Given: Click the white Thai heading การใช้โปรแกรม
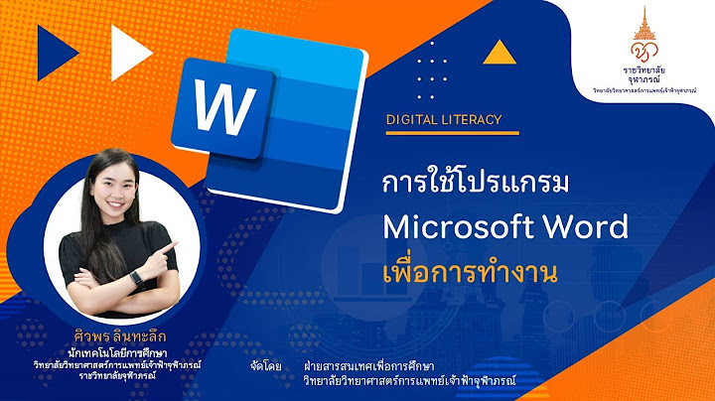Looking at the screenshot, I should tap(464, 185).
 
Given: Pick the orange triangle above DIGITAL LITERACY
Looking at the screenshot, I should tap(503, 51).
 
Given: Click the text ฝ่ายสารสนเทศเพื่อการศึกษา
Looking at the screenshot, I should tap(375, 365).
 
